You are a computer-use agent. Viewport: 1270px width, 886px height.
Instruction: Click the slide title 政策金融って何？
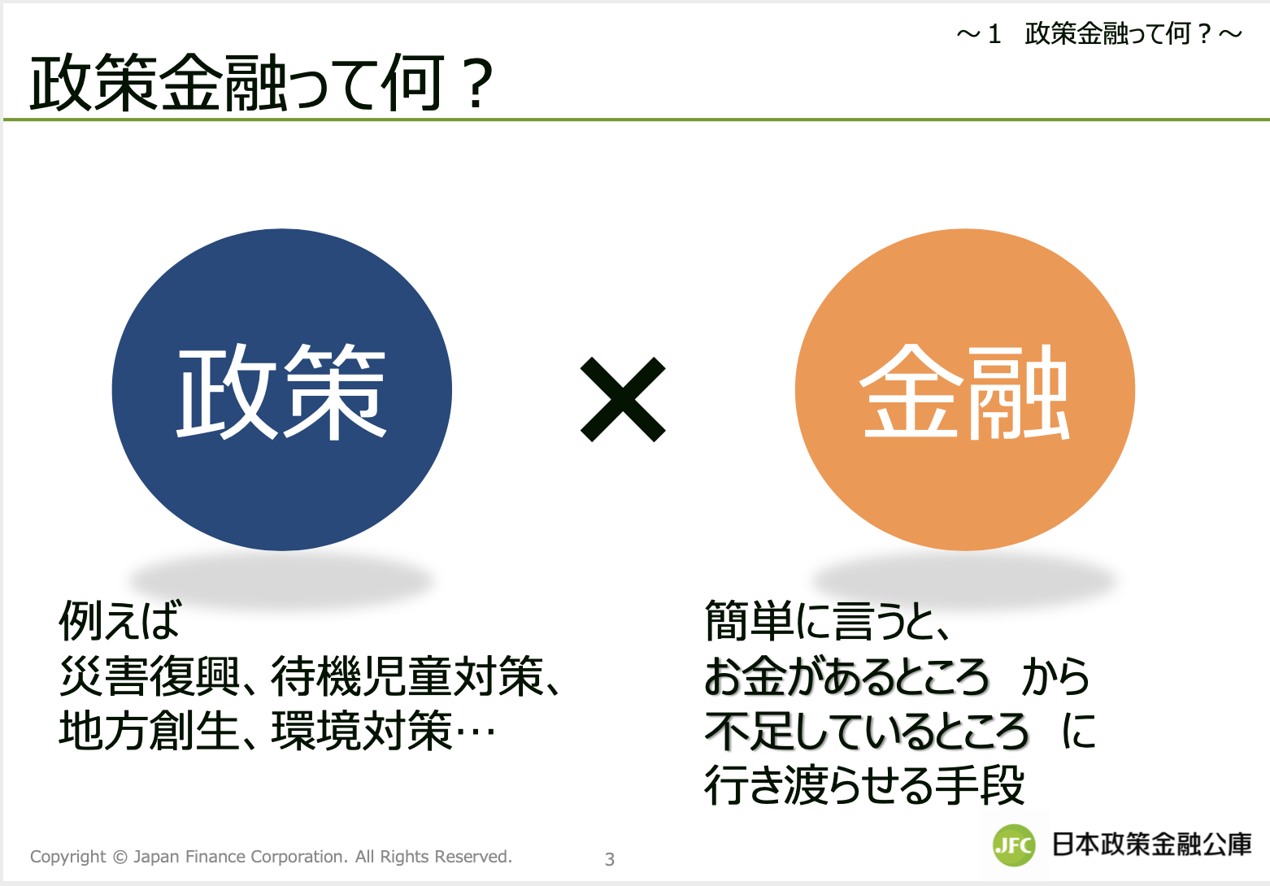coord(262,83)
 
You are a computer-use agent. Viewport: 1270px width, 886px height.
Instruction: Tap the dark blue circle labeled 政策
coord(282,389)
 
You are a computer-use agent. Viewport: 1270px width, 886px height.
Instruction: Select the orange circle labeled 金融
coord(965,389)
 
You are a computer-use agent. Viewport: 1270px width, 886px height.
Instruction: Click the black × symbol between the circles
coord(623,399)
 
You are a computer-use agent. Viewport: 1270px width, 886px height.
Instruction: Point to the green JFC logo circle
coord(1015,845)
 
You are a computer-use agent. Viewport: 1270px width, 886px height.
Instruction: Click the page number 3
coord(610,859)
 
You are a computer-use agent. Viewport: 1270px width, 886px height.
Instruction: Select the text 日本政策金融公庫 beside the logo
coord(1151,845)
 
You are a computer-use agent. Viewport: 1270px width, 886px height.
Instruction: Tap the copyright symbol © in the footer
coord(120,857)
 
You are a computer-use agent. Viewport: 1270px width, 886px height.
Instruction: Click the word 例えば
coord(120,621)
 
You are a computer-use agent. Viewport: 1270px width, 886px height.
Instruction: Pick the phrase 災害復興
coord(150,675)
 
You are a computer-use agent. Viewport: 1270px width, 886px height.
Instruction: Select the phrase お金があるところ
coord(846,675)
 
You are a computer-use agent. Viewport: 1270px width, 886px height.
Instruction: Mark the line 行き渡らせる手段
coord(864,785)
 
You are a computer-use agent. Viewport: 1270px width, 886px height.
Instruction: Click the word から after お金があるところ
coord(1055,675)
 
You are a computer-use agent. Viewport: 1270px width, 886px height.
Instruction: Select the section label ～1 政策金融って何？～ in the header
coord(1099,34)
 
